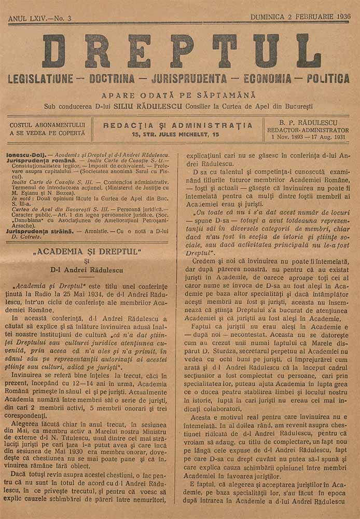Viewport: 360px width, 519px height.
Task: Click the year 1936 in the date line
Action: pyautogui.click(x=341, y=17)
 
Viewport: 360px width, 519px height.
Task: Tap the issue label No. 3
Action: pyautogui.click(x=63, y=19)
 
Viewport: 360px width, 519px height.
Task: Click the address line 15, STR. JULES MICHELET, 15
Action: pyautogui.click(x=175, y=134)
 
